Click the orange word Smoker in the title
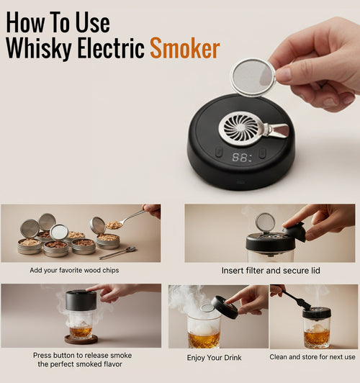(184, 48)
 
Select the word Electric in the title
(108, 48)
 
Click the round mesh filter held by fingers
(252, 77)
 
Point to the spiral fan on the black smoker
(240, 128)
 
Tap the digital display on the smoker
(242, 156)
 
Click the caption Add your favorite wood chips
(74, 270)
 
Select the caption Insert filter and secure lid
(271, 271)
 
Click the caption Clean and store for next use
(312, 357)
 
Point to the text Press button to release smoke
(82, 355)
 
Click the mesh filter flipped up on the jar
(264, 222)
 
